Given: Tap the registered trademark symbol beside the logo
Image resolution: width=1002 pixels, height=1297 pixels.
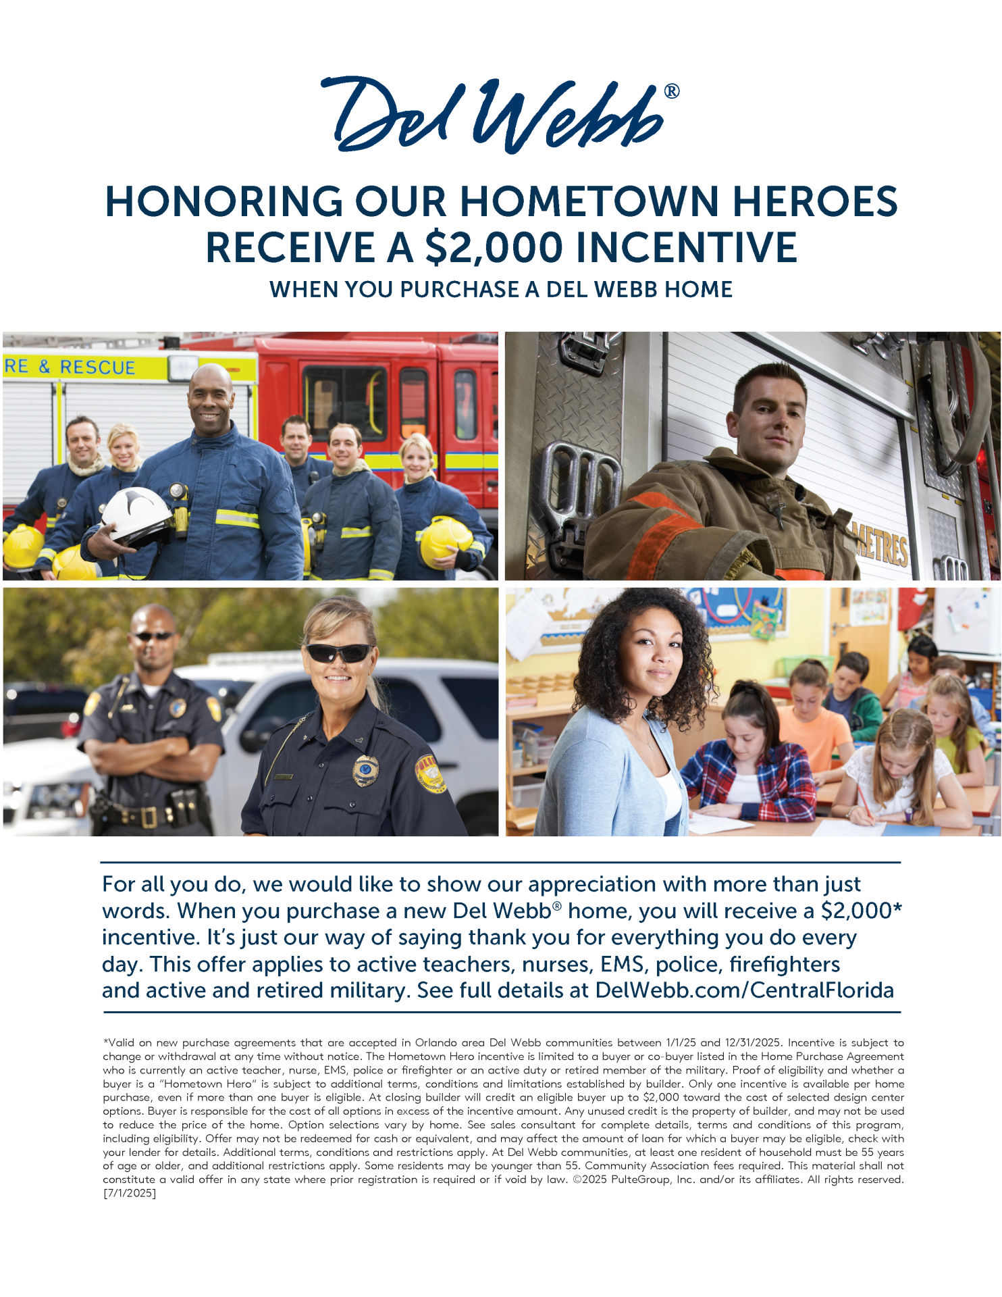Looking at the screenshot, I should tap(672, 91).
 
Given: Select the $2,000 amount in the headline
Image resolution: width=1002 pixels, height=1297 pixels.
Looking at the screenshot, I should tap(494, 247).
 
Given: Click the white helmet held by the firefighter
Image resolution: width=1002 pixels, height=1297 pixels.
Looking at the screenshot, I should tap(137, 515).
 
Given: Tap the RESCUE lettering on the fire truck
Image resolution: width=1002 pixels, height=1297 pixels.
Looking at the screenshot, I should tap(97, 367).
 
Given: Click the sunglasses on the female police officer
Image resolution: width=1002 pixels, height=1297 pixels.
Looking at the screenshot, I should tap(338, 653).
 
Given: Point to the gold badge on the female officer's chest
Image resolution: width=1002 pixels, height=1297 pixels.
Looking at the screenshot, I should tap(365, 771).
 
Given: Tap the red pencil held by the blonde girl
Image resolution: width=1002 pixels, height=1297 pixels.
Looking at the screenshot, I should tap(865, 803).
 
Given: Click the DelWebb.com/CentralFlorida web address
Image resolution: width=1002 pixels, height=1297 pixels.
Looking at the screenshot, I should tap(744, 990).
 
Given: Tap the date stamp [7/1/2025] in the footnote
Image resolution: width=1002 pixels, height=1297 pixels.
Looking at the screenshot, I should tap(129, 1193).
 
